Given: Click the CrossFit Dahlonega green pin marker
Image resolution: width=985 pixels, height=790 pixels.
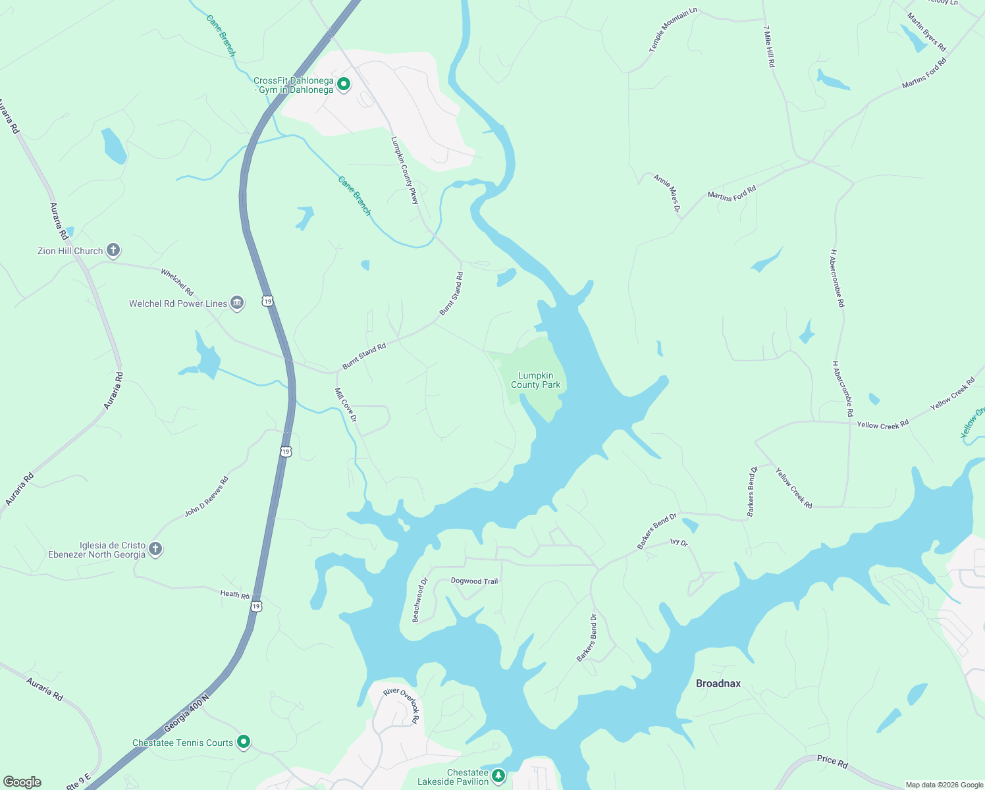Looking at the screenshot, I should click(343, 84).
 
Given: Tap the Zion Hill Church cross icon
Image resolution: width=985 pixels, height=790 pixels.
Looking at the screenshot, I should click(113, 250).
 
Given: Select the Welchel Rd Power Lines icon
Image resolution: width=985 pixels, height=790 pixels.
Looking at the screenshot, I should click(237, 303).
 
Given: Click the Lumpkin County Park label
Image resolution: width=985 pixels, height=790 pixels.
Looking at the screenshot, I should click(535, 380).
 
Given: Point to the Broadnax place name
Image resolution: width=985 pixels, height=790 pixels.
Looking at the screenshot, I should click(718, 683).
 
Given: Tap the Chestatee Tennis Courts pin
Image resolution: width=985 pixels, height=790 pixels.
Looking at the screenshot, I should click(244, 742).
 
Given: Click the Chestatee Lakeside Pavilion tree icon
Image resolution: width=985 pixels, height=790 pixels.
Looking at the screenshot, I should click(498, 776).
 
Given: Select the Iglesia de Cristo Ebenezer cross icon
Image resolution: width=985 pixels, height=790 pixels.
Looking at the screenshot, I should click(155, 549).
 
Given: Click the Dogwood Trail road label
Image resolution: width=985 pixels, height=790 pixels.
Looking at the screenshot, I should click(474, 581).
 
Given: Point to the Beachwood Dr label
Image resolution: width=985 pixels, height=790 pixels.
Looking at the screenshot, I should click(419, 600).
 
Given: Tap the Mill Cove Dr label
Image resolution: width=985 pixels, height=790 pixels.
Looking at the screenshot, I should click(346, 404).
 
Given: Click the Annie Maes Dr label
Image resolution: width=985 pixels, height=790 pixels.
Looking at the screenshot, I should click(667, 193).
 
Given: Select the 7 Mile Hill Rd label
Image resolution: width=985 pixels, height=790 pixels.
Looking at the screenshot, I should click(769, 46).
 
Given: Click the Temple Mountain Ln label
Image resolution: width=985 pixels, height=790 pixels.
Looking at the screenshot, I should click(672, 30).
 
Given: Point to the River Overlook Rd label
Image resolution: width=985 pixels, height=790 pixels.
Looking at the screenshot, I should click(402, 705).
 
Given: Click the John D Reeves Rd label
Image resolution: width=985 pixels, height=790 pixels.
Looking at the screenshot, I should click(206, 496).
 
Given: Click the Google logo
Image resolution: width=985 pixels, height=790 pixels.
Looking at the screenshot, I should click(22, 782).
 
